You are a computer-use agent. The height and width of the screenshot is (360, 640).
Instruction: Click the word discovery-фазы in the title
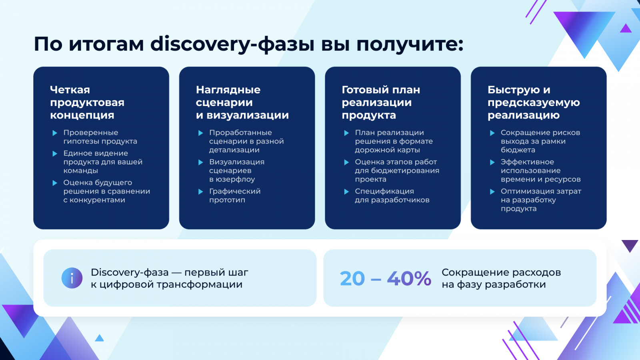click(x=232, y=44)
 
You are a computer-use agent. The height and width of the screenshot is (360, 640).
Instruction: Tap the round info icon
click(x=72, y=278)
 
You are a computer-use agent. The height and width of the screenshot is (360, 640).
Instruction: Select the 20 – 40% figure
click(x=386, y=278)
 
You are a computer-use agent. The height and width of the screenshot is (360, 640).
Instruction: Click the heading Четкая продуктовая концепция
click(x=87, y=102)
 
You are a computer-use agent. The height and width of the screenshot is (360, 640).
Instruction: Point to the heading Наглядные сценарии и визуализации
click(x=242, y=102)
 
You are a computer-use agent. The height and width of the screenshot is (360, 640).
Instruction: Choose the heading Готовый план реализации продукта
click(x=381, y=102)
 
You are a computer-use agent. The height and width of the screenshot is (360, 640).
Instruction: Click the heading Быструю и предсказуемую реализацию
click(x=534, y=102)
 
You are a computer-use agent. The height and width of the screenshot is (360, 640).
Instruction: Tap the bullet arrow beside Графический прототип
click(x=200, y=192)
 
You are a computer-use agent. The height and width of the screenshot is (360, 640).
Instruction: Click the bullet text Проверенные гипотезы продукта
click(x=100, y=137)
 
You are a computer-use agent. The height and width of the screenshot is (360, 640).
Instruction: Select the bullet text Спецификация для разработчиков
click(x=392, y=196)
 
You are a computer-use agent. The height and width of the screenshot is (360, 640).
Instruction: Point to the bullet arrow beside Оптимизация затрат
click(x=492, y=192)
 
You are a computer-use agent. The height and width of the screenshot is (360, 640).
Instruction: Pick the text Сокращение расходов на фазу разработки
click(x=501, y=278)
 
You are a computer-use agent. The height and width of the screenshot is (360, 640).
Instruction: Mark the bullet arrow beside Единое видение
click(x=55, y=154)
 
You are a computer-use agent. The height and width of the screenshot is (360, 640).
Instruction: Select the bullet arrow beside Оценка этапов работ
click(x=346, y=162)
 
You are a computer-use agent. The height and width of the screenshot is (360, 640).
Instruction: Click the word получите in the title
click(x=410, y=44)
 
